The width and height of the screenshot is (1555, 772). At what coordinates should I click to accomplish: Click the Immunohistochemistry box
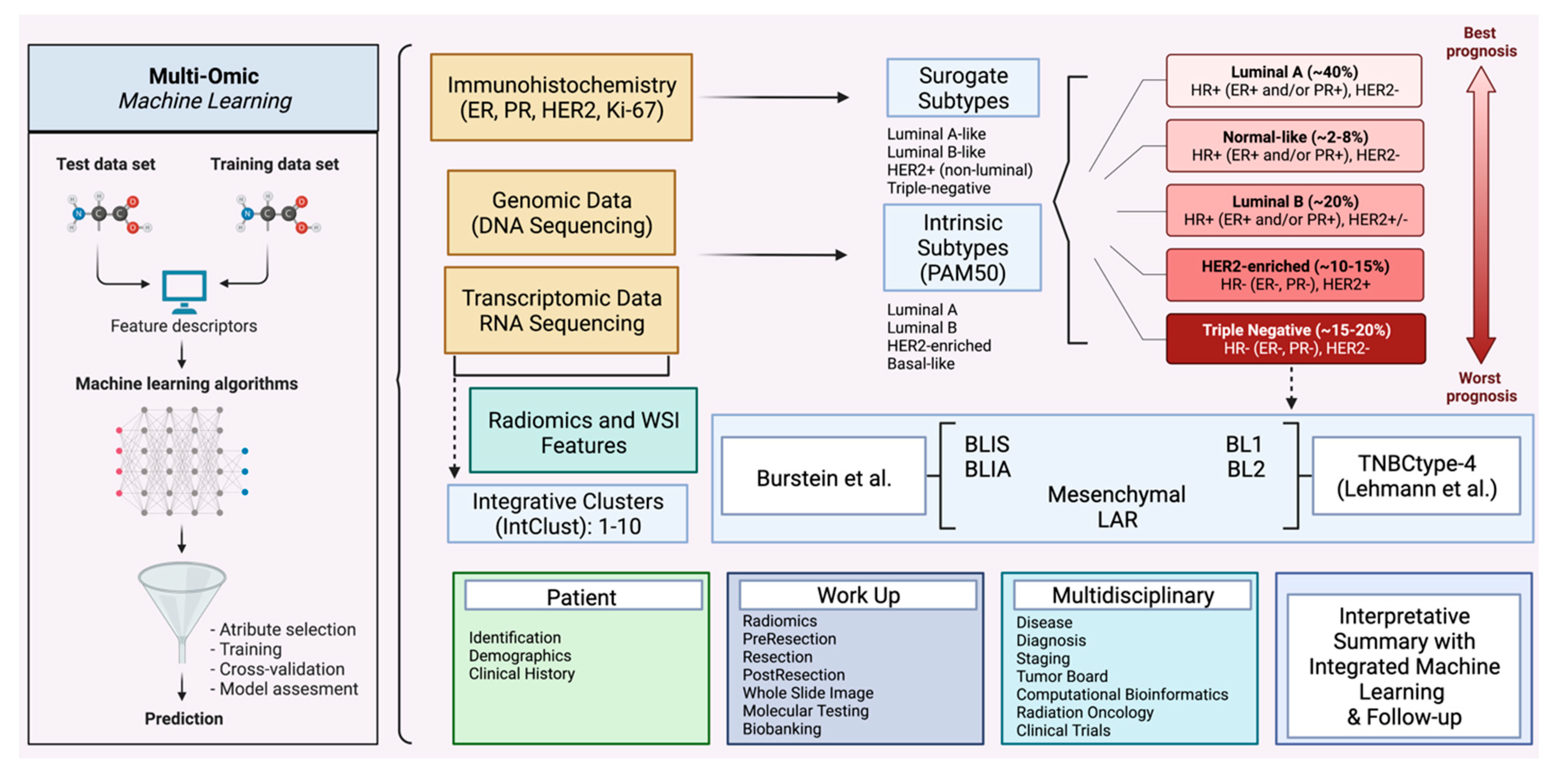point(561,97)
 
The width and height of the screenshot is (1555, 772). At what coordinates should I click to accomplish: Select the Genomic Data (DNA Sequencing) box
point(561,212)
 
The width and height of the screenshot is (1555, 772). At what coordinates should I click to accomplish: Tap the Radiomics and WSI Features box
point(583,430)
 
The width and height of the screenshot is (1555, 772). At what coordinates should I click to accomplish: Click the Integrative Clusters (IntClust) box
point(567,513)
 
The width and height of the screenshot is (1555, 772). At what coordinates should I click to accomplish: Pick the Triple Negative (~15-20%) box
point(1296,339)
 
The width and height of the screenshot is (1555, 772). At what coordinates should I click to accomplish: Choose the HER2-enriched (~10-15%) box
point(1295,275)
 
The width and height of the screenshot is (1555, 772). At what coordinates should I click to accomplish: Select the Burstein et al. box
point(823,476)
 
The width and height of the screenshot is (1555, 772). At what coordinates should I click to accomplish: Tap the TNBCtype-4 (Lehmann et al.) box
point(1416,476)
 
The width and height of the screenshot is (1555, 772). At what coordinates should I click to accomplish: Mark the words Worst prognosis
point(1481,387)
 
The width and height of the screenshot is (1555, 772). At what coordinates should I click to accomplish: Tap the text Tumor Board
point(1062,676)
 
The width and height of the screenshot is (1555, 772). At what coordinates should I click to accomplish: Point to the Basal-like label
point(921,364)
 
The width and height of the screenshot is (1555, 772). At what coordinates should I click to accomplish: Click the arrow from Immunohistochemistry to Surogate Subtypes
point(774,97)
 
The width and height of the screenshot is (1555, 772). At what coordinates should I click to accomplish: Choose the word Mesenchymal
point(1116,494)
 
